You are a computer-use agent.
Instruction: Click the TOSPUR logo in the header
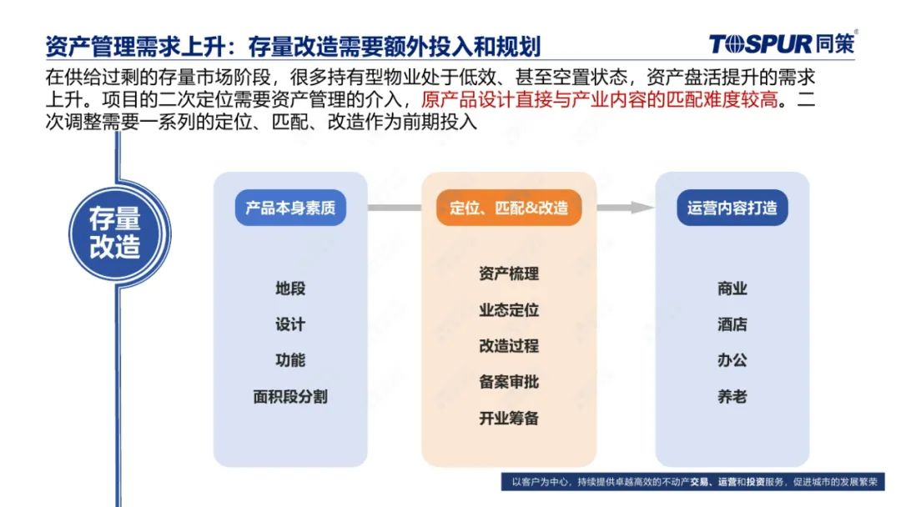coord(783,43)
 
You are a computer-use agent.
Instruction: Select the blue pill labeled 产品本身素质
coord(290,208)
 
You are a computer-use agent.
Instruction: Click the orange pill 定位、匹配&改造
coord(509,208)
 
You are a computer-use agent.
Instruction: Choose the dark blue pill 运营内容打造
coord(732,208)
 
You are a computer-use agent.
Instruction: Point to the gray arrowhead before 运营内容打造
coord(642,208)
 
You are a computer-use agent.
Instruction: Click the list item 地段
coord(290,289)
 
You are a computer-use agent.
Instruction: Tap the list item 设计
coord(290,324)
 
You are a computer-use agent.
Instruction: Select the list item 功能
coord(290,360)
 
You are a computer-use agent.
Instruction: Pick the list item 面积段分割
coord(290,396)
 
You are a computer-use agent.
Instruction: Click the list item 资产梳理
coord(509,274)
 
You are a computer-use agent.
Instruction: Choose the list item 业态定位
coord(509,310)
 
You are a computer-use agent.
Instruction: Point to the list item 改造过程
coord(509,346)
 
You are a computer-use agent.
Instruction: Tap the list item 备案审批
coord(509,382)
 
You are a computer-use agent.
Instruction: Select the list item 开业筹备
coord(509,418)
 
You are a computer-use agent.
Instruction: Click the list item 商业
coord(732,289)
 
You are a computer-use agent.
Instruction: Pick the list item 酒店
coord(732,324)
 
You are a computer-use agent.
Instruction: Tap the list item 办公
coord(732,360)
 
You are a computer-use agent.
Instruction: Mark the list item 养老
coord(732,396)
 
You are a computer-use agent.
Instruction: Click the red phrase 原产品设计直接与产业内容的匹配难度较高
coord(599,100)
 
